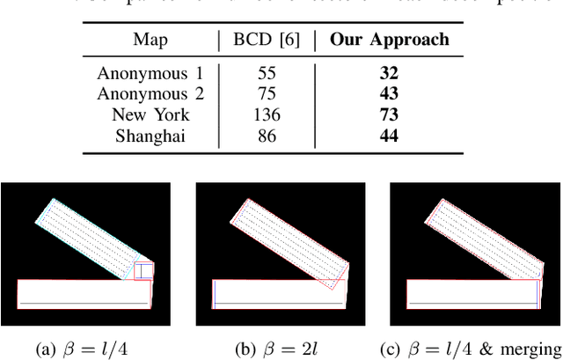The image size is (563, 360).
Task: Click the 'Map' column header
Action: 150,40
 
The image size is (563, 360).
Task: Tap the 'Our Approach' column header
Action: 390,40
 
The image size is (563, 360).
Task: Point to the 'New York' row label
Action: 150,115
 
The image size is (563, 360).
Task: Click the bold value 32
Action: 390,74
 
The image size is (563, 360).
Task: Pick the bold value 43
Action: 390,94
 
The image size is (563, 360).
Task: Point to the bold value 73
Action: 390,115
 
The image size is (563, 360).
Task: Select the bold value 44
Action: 390,136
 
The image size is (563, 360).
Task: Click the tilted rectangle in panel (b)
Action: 285,242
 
